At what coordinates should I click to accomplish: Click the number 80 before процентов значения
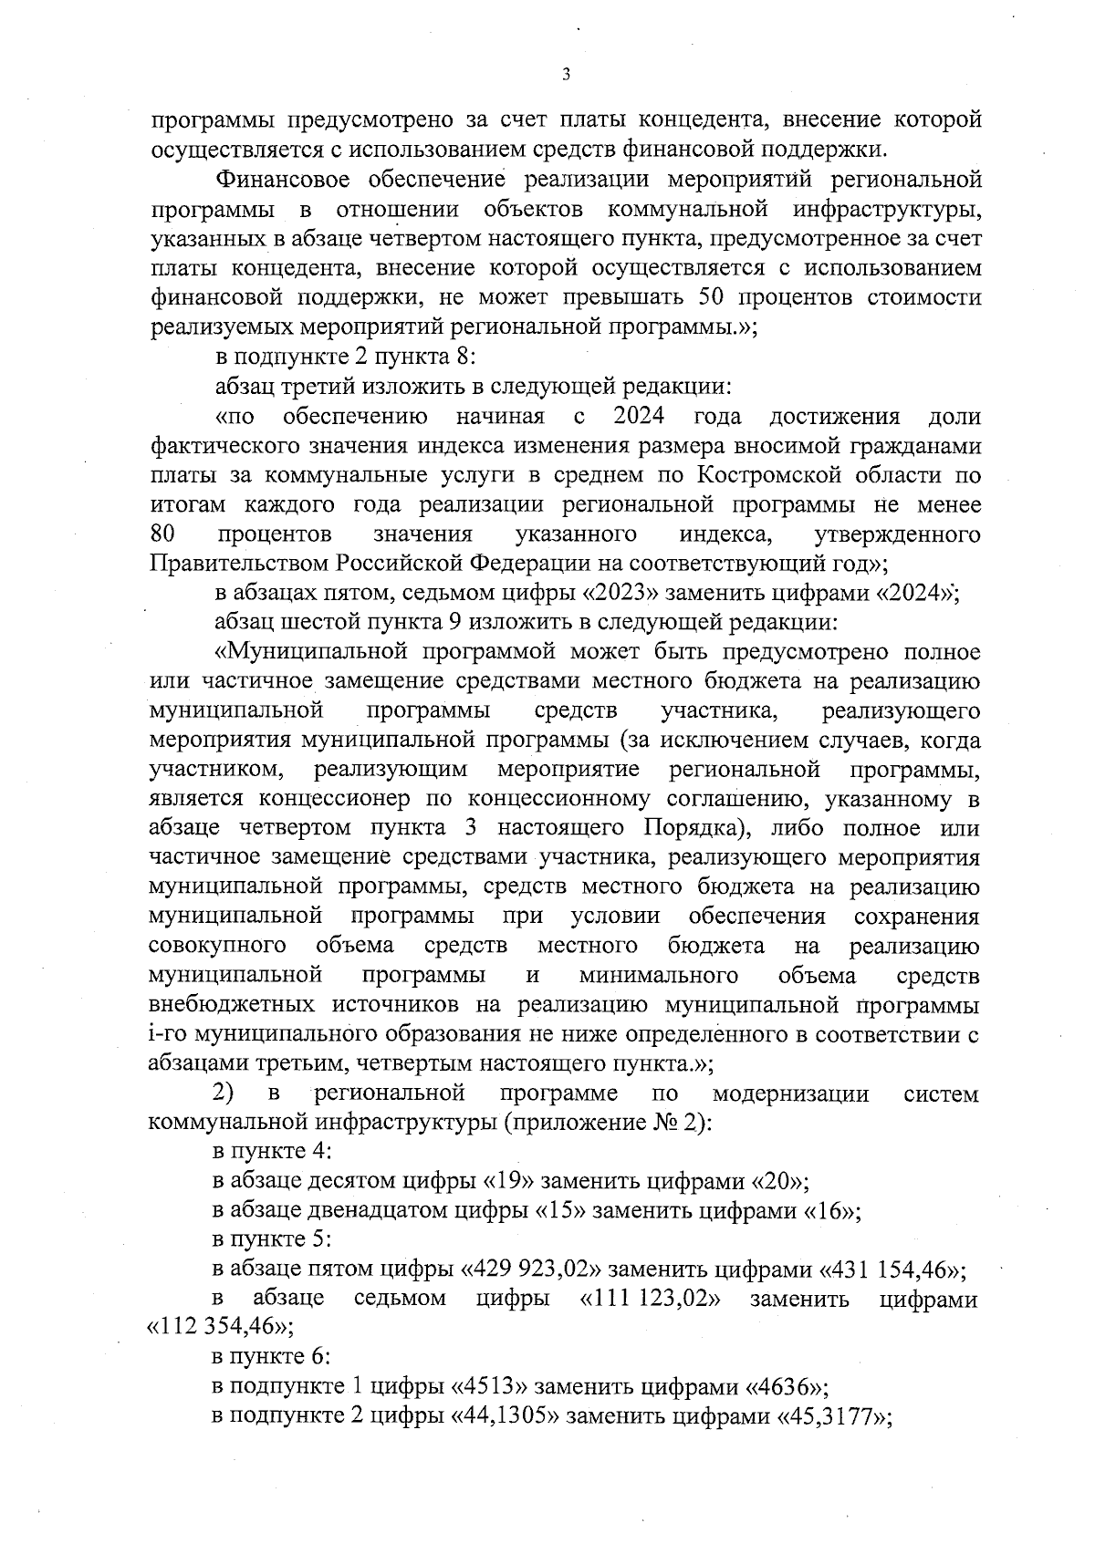[x=162, y=534]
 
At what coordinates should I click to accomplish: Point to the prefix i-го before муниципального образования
[x=166, y=1036]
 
